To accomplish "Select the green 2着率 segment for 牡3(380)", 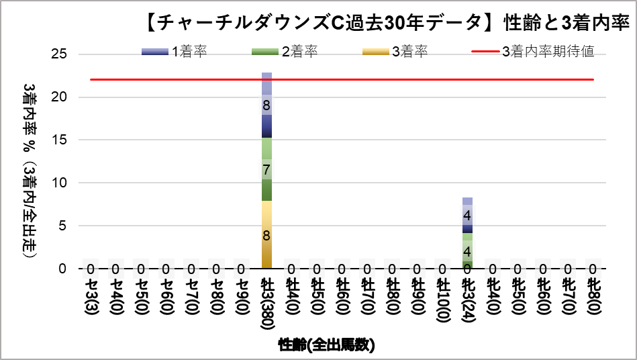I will click(266, 169).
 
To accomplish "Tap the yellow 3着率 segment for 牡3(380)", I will click(266, 234).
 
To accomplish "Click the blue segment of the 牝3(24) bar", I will click(467, 216).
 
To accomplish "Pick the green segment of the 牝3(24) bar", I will click(467, 251).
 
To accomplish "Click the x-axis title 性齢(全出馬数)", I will click(327, 345).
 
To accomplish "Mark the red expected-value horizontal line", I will click(342, 79).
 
